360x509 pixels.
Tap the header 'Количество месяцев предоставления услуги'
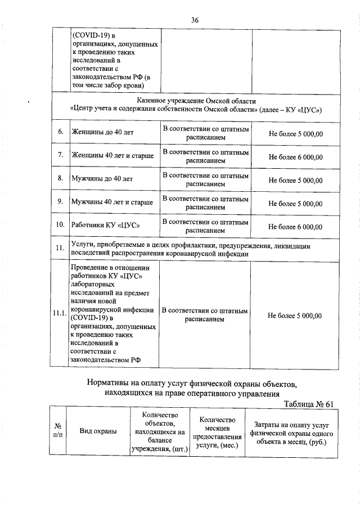[x=217, y=432]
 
